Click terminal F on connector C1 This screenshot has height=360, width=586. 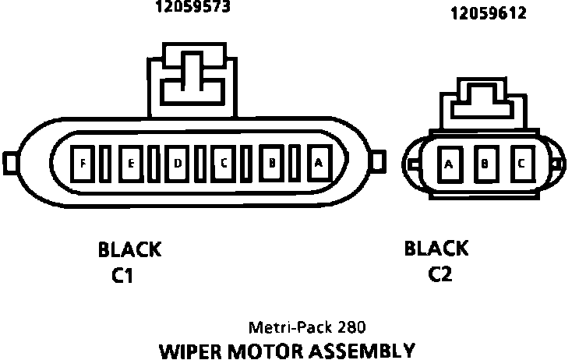(82, 163)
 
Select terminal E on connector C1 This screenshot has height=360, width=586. (130, 163)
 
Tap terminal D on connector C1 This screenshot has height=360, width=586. (178, 163)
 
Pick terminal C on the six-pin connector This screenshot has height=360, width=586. (224, 163)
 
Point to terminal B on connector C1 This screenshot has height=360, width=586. (272, 163)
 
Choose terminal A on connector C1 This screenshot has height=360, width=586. (318, 163)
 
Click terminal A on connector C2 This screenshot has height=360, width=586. (448, 164)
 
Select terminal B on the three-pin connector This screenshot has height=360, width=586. (485, 164)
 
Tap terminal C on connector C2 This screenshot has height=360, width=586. (521, 164)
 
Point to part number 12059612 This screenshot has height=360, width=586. (488, 13)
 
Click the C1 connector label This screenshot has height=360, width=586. (123, 276)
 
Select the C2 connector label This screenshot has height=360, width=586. (440, 274)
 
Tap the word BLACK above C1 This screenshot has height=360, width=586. (129, 250)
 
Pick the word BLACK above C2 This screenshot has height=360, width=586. (436, 249)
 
